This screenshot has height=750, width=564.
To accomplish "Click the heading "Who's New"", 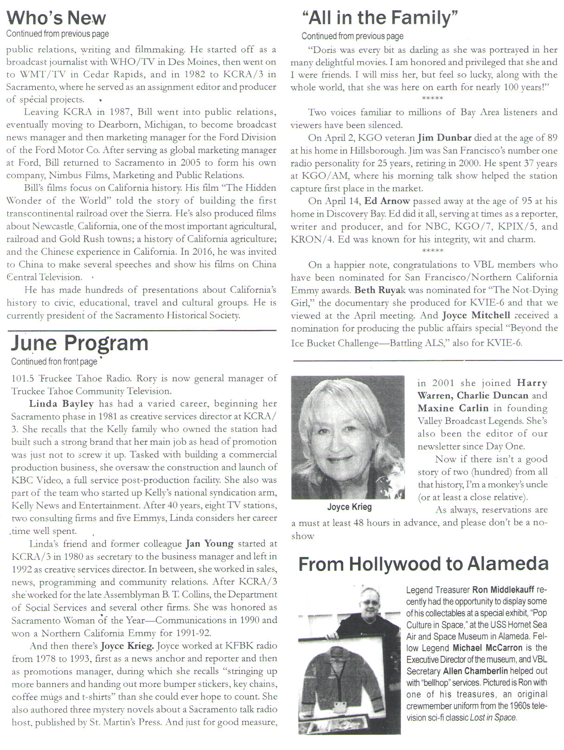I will click(x=56, y=18).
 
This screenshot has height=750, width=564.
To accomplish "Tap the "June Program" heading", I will click(x=79, y=343).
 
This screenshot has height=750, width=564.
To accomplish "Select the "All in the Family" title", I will click(x=380, y=18).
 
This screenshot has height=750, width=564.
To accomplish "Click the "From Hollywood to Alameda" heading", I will click(x=423, y=564).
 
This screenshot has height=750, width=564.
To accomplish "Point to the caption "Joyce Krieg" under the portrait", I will click(x=349, y=507).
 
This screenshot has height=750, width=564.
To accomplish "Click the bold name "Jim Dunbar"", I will click(x=444, y=138).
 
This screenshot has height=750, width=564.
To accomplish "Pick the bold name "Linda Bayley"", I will click(x=61, y=404).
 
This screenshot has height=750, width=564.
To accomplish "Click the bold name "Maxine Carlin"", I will click(x=453, y=408).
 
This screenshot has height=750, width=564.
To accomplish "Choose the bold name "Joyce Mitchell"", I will click(x=476, y=315).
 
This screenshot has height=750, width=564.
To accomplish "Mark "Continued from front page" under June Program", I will click(x=54, y=361).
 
